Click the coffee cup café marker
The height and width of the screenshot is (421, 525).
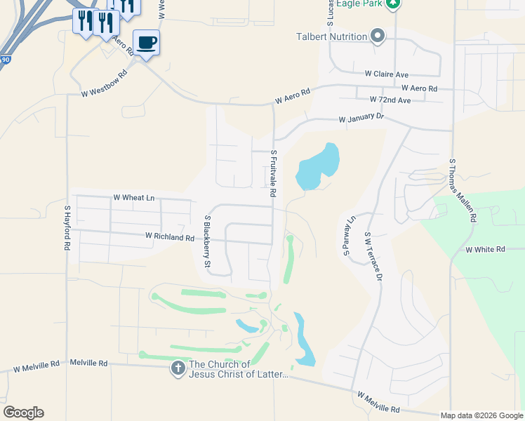pyautogui.click(x=146, y=43)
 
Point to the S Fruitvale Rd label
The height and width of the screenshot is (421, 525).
pyautogui.click(x=273, y=168)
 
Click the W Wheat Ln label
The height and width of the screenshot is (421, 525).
pyautogui.click(x=133, y=198)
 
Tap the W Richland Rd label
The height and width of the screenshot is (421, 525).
pyautogui.click(x=169, y=237)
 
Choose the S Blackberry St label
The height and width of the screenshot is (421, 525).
pyautogui.click(x=207, y=242)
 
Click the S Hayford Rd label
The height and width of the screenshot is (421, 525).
pyautogui.click(x=67, y=228)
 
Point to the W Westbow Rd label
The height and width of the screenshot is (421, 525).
pyautogui.click(x=104, y=83)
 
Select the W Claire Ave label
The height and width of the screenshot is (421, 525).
pyautogui.click(x=386, y=74)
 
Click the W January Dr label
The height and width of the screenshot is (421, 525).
pyautogui.click(x=361, y=119)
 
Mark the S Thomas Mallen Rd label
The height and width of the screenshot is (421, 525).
pyautogui.click(x=462, y=189)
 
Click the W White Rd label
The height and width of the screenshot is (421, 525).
pyautogui.click(x=485, y=249)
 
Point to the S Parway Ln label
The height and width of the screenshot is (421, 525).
pyautogui.click(x=349, y=237)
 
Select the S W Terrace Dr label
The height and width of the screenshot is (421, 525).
pyautogui.click(x=372, y=258)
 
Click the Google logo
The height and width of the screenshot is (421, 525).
pyautogui.click(x=23, y=413)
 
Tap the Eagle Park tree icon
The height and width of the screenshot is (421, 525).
pyautogui.click(x=394, y=4)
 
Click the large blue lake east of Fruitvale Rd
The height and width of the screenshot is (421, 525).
pyautogui.click(x=319, y=167)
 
